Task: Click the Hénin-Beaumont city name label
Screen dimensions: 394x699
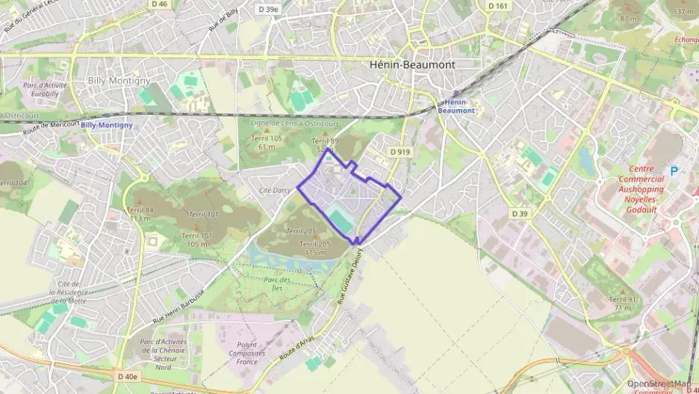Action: tap(412, 64)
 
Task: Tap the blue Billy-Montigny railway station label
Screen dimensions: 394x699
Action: tap(106, 125)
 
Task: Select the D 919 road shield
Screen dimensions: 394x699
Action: tap(400, 152)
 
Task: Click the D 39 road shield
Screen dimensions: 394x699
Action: tap(520, 213)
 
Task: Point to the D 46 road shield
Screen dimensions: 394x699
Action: tap(159, 4)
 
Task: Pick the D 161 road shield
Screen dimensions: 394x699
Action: tap(497, 6)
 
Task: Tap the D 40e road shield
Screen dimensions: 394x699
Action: tap(128, 377)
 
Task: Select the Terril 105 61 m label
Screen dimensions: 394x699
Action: tap(267, 143)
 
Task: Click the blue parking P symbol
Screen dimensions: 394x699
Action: tap(674, 171)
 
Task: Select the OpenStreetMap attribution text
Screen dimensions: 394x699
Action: tap(658, 384)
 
